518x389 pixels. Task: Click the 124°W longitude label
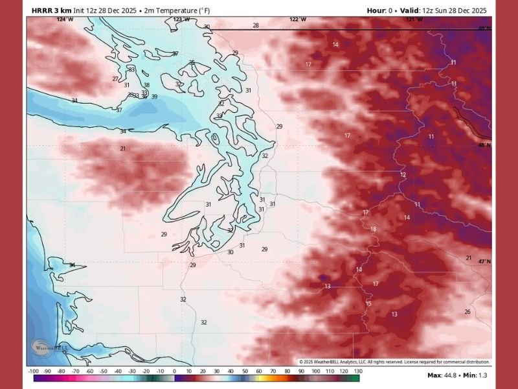click(64, 19)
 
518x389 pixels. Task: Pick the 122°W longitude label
click(297, 19)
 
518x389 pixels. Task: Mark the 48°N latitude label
click(484, 145)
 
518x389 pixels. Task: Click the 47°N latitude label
click(484, 261)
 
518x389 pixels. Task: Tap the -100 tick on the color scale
click(33, 371)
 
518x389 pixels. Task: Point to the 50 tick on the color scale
click(244, 371)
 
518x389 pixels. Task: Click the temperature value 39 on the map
click(154, 97)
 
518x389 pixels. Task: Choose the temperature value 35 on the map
click(192, 62)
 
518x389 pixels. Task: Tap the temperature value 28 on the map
click(256, 25)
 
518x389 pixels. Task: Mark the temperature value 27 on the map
click(115, 79)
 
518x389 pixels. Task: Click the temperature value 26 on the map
click(467, 312)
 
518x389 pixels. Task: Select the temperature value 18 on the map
click(373, 230)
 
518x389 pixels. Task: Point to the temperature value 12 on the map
click(403, 175)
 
